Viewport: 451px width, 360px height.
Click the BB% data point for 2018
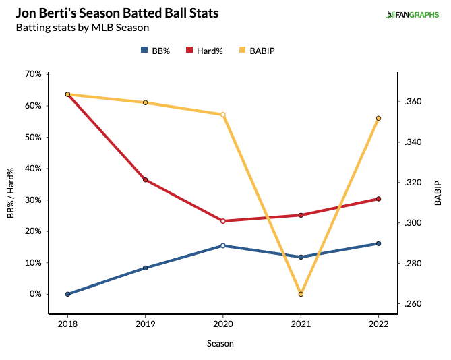(67, 294)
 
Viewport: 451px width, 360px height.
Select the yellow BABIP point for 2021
(301, 294)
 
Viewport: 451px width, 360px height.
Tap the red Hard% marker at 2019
(145, 180)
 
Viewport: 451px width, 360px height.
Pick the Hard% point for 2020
(223, 220)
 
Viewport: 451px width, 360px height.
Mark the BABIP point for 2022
(379, 118)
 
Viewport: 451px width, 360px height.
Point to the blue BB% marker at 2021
(301, 257)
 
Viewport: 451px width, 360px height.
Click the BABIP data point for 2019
(145, 102)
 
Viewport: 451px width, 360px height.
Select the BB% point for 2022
(379, 243)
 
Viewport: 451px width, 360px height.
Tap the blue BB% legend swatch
(144, 50)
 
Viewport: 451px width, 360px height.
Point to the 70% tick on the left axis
(32, 74)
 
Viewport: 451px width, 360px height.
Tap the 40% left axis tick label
(32, 169)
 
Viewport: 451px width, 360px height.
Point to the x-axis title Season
(220, 343)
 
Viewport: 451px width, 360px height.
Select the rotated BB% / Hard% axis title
(11, 184)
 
